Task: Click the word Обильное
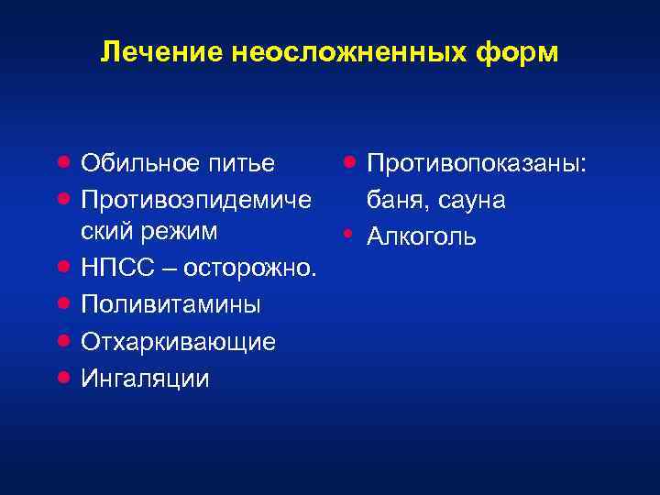[x=138, y=163]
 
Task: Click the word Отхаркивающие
[x=179, y=341]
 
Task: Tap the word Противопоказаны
[x=477, y=163]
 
